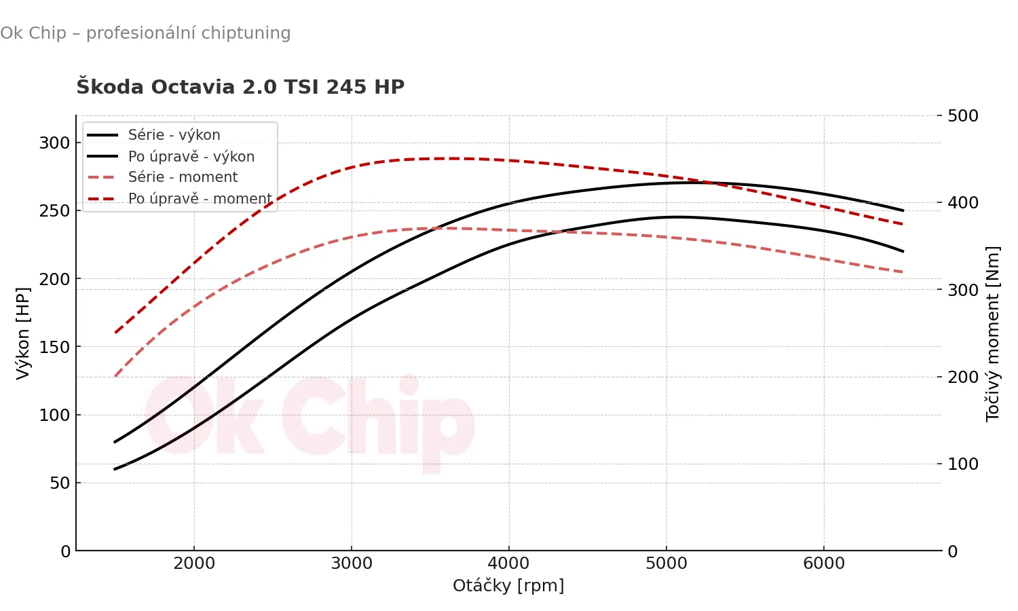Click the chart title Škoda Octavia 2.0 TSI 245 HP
(240, 87)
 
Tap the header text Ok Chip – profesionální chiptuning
(145, 33)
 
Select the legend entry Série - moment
(183, 177)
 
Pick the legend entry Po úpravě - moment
(200, 199)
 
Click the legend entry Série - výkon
(174, 135)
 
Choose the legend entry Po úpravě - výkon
(191, 157)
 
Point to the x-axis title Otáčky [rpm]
(508, 585)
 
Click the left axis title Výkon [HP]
(23, 333)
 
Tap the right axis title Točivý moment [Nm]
(993, 333)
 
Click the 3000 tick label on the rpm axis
(352, 563)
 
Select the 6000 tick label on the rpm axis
(824, 563)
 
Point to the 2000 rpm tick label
(194, 563)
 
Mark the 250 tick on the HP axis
(54, 210)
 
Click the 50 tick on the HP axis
(60, 483)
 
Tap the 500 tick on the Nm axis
(962, 115)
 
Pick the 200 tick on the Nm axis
(962, 377)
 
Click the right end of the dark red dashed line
(903, 224)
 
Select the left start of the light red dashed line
(115, 376)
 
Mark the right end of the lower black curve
(903, 251)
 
